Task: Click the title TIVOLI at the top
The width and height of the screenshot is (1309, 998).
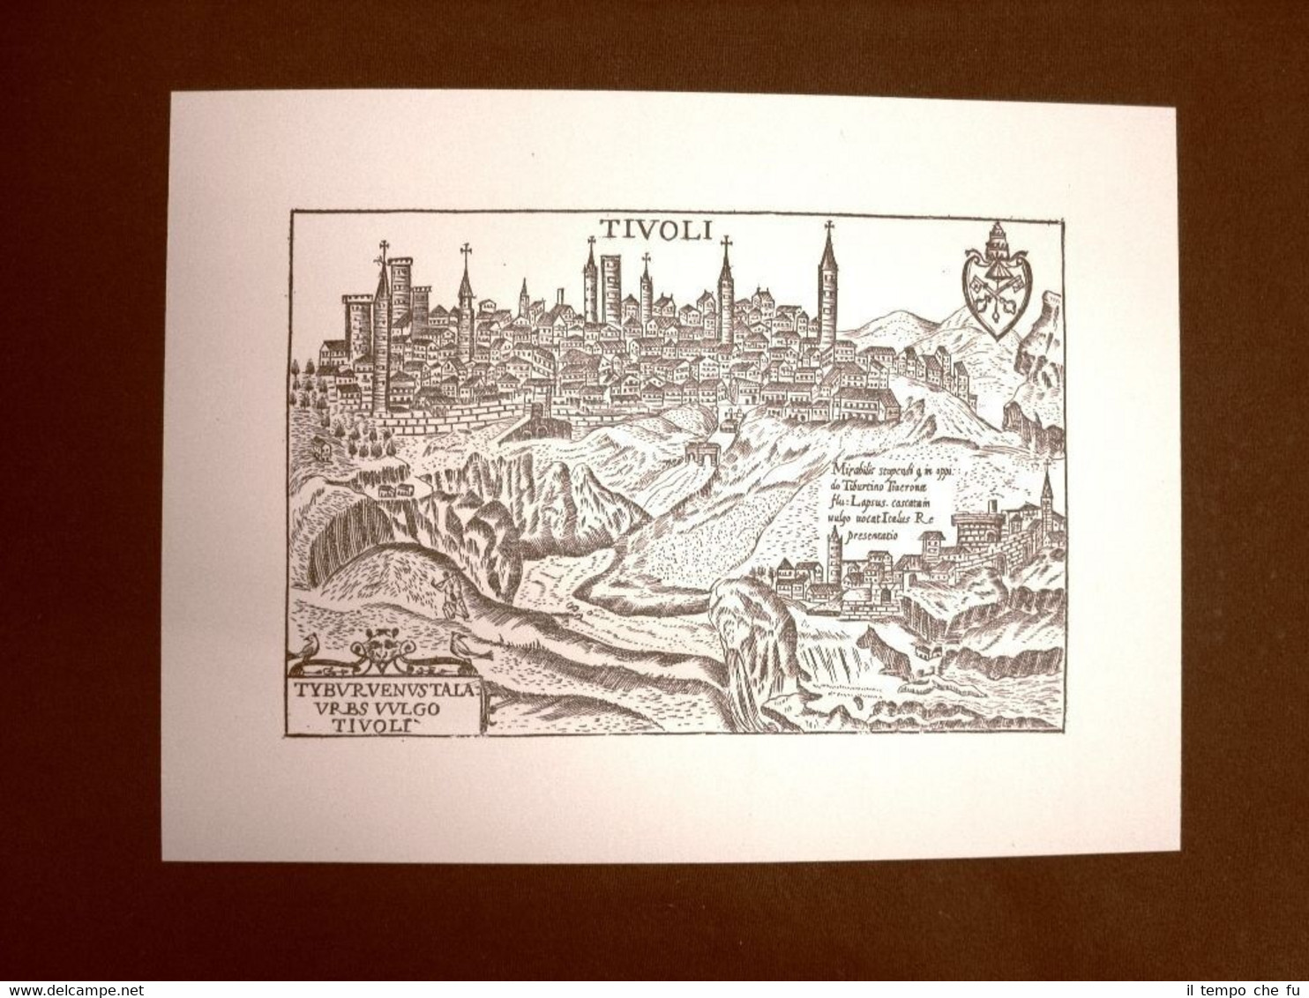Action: [656, 229]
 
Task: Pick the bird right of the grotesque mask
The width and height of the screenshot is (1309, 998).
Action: [459, 646]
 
